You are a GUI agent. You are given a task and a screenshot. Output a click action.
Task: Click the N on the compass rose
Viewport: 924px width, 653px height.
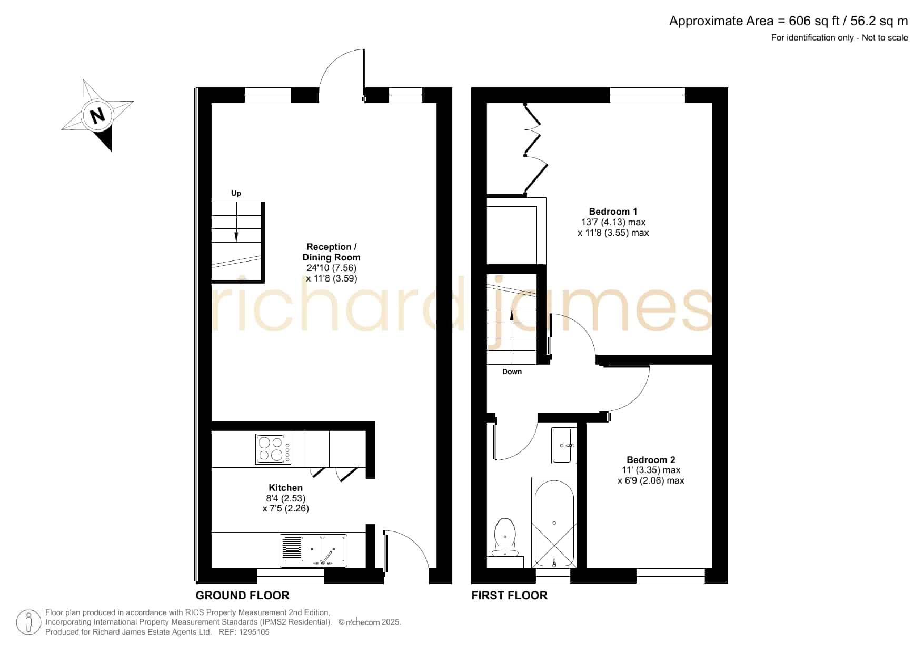[97, 115]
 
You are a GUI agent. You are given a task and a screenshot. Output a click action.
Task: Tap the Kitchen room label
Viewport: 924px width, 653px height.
[286, 488]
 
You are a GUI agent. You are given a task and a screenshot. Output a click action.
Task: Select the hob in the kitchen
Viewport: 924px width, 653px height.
[273, 449]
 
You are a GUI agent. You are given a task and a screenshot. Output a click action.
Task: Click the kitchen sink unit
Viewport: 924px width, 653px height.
[313, 551]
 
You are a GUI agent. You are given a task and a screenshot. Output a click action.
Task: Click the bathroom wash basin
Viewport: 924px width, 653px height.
[564, 446]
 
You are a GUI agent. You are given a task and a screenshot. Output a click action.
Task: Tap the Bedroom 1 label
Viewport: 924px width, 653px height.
[613, 212]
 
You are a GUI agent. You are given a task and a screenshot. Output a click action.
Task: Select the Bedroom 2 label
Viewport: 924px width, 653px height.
[651, 460]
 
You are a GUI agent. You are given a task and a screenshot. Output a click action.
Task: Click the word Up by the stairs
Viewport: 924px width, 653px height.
[236, 194]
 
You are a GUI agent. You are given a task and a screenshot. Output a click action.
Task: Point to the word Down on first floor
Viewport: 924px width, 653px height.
[512, 371]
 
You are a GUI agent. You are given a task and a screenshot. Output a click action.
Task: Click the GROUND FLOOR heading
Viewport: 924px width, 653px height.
[242, 596]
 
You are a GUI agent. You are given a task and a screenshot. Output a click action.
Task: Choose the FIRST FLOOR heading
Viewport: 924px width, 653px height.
[509, 596]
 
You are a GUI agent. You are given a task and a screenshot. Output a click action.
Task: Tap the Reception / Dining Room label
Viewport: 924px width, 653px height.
[331, 252]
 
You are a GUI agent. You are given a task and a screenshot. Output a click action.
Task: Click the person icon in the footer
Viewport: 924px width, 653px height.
[28, 622]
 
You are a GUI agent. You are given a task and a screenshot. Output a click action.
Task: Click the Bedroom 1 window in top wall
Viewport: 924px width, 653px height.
[648, 95]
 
